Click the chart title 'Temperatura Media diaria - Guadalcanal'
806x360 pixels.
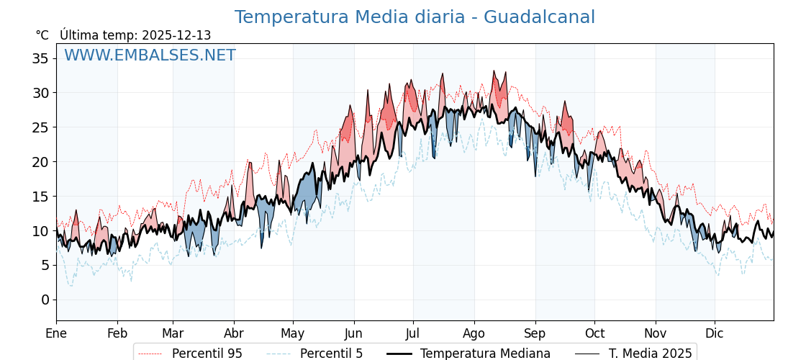click(415, 17)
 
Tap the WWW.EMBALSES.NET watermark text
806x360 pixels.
click(150, 55)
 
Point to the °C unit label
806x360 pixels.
click(42, 35)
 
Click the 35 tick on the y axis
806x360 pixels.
click(40, 58)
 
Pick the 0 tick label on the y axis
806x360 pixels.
click(45, 300)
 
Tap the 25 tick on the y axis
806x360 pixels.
click(40, 127)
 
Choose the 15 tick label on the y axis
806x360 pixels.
click(40, 197)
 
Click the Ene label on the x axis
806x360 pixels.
click(56, 333)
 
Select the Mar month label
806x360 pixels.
click(173, 333)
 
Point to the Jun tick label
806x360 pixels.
click(353, 333)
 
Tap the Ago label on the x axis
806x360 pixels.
click(474, 333)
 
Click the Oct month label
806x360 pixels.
click(594, 333)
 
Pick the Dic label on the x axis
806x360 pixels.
click(715, 333)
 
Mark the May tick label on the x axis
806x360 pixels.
click(293, 333)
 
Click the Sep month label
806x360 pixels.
click(535, 333)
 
